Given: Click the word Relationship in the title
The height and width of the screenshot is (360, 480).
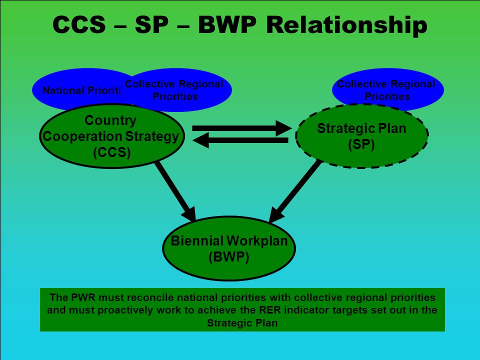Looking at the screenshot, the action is point(346,25).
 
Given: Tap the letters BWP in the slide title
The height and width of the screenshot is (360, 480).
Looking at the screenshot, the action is point(227,24).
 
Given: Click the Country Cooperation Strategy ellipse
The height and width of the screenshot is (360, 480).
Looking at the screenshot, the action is point(112,136).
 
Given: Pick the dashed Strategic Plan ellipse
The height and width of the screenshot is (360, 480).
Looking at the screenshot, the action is point(361,136).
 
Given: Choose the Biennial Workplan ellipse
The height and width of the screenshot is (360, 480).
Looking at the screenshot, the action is point(229,248).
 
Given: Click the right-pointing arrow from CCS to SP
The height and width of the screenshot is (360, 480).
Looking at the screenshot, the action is point(242,128).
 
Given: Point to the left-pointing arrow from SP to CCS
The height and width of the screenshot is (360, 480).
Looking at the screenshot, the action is point(240,140).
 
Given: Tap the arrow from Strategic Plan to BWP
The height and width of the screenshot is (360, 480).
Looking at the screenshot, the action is point(295,191).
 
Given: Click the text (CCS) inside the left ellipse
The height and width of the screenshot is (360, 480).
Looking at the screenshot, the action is point(112,152).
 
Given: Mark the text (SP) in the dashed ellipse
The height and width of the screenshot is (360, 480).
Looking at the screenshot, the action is point(361,144).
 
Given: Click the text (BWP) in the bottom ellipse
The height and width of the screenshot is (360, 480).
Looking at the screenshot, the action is point(229,256).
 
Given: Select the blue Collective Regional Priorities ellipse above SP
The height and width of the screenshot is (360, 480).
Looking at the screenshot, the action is point(388,89).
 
